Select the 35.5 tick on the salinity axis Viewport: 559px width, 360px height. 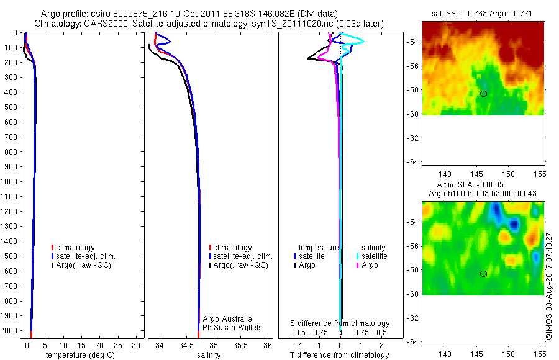240,345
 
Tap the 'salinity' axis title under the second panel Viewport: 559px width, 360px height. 209,355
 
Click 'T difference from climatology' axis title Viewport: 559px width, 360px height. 340,355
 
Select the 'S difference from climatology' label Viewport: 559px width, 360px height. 340,323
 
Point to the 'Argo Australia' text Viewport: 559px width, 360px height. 227,319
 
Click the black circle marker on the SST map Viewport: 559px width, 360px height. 483,94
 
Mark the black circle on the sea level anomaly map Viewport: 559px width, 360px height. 483,274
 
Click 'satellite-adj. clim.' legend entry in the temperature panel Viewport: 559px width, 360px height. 86,256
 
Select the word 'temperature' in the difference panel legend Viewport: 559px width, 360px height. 319,247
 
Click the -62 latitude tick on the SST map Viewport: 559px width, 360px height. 412,138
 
